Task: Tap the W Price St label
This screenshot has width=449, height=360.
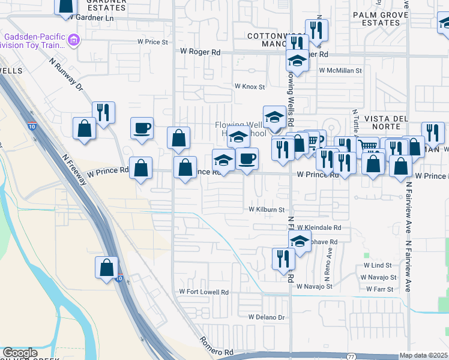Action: click(152, 42)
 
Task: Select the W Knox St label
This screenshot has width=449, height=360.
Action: click(249, 87)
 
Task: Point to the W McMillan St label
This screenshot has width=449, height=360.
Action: click(340, 70)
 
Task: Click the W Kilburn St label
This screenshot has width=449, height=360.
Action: click(267, 210)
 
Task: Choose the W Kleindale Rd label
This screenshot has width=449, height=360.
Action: click(319, 228)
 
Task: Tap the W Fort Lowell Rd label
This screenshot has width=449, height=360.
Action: click(205, 292)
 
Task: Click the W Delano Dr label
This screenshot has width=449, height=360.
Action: click(265, 316)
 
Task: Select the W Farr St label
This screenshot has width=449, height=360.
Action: click(379, 289)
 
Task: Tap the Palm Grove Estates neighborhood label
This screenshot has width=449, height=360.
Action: click(376, 19)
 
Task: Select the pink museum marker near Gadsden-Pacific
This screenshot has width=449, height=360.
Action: click(74, 41)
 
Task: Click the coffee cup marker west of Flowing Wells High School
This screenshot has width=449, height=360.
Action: click(142, 128)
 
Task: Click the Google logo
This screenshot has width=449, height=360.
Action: click(20, 353)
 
